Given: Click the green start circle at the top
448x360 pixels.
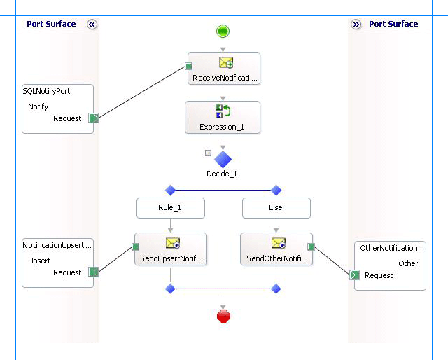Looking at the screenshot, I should click(223, 31).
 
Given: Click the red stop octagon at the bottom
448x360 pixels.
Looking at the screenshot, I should click(223, 317).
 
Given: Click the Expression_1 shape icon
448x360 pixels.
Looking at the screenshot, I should click(223, 111).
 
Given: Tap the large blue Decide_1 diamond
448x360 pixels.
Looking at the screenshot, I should click(223, 159).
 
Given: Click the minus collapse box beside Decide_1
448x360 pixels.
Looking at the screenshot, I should click(208, 153).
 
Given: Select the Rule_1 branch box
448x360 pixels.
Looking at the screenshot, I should click(170, 208).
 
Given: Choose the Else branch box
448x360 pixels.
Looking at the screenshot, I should click(276, 208).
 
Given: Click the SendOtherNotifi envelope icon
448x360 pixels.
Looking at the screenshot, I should click(278, 244).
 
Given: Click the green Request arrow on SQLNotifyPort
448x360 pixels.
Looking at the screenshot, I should click(94, 118).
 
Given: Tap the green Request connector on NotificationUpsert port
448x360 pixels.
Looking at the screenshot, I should click(92, 272).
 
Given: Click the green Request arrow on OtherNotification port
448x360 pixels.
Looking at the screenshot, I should click(355, 275).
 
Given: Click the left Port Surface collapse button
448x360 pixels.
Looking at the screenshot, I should click(92, 24).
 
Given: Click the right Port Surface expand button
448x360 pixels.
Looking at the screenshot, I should click(356, 24).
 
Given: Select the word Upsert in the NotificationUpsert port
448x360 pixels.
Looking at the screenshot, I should click(39, 260).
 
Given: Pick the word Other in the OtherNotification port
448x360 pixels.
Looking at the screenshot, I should click(408, 263).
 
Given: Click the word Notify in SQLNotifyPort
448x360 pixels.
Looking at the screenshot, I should click(38, 106).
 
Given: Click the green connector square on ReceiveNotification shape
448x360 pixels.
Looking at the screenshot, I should click(188, 67).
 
